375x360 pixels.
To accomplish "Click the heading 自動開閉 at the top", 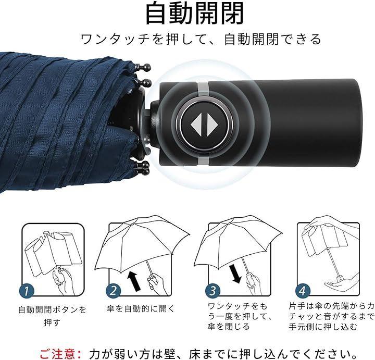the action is click(x=194, y=13).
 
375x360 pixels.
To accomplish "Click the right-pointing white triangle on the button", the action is click(x=212, y=125).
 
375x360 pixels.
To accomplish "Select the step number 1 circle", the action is click(x=27, y=291).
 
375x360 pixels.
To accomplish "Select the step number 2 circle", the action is click(x=114, y=291).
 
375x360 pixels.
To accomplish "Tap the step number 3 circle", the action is click(x=213, y=291).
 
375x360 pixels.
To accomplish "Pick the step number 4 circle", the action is click(x=303, y=291).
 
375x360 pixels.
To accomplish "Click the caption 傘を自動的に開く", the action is click(x=141, y=308).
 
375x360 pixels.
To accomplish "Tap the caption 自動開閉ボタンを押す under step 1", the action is click(x=52, y=316).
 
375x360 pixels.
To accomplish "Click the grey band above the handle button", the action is click(x=203, y=89).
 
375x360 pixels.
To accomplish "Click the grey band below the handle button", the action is click(x=203, y=159).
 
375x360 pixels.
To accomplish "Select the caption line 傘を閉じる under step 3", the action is click(x=229, y=327).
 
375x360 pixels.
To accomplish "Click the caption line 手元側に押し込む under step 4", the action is click(x=323, y=327).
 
